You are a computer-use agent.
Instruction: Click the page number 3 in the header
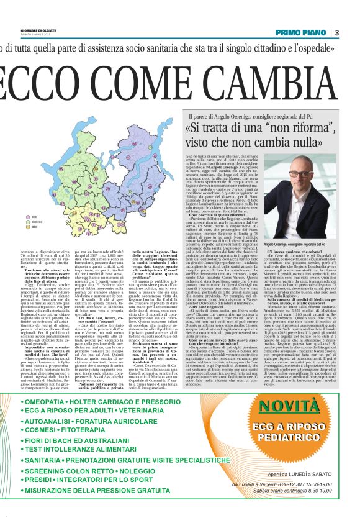point(337,32)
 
